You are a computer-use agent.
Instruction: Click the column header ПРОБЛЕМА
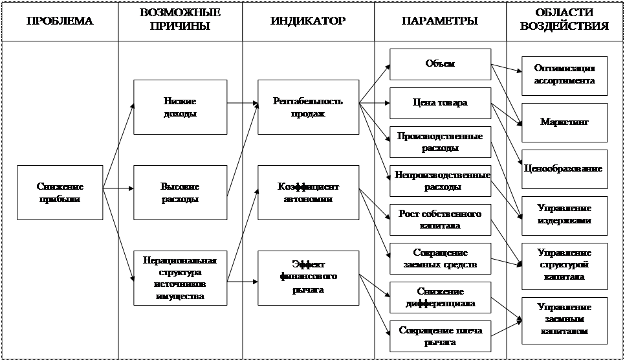60,21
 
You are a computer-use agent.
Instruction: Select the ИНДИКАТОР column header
308,21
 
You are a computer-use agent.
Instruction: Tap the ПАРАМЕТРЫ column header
440,21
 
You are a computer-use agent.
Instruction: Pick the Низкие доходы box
180,107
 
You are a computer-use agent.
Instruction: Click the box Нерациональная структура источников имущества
180,278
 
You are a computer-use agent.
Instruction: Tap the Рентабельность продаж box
308,107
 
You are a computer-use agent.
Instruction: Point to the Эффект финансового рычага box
308,278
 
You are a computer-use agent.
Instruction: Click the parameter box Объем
440,64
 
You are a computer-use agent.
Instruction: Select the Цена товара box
440,103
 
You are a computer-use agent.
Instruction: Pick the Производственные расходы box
440,142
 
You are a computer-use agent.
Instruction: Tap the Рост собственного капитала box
440,219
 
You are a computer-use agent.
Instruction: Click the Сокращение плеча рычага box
440,336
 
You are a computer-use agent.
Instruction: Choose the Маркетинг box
565,122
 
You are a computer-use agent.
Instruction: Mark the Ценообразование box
565,168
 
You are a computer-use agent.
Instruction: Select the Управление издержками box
565,215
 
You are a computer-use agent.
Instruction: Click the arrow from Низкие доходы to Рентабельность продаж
242,104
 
